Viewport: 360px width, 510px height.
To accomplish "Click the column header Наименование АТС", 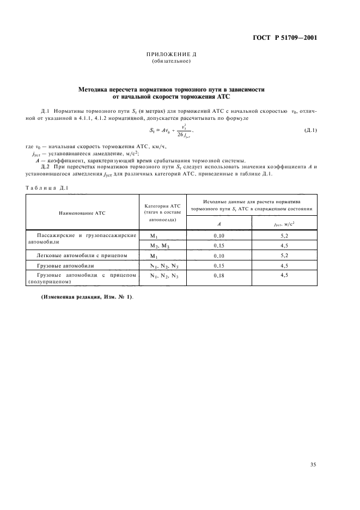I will (x=81, y=213).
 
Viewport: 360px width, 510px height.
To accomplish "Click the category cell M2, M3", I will (x=162, y=246).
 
